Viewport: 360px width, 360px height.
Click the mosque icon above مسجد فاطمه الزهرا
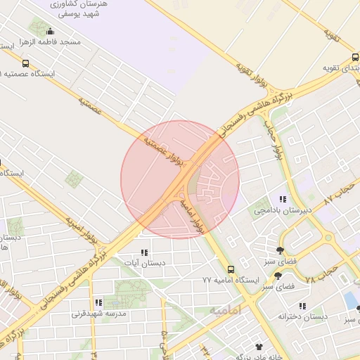click(49, 31)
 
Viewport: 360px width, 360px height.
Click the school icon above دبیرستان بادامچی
click(283, 199)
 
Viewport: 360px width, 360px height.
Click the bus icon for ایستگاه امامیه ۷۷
click(231, 269)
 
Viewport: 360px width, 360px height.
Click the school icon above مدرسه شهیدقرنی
click(98, 302)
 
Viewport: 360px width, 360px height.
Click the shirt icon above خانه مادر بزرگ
click(259, 347)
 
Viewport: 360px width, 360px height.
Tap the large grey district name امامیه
click(225, 310)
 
